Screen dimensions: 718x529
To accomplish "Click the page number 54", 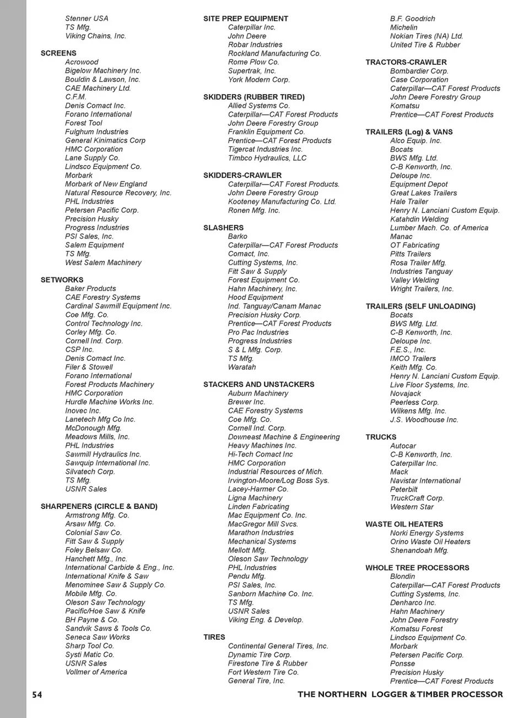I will click(x=37, y=695).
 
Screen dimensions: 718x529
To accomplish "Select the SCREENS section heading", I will click(x=58, y=53).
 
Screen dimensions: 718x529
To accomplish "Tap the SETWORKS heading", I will click(x=62, y=280).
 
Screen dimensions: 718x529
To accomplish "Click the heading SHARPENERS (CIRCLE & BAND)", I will click(x=99, y=506).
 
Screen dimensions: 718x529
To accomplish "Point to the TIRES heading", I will click(x=214, y=637).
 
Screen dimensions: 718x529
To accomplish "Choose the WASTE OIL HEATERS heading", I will click(x=404, y=524).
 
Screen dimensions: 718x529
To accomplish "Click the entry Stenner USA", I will click(x=87, y=19).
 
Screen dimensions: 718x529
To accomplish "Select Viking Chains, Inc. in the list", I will click(x=95, y=36).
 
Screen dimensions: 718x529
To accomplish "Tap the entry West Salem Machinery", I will click(x=103, y=263).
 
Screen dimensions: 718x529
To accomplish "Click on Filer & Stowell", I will click(x=89, y=368).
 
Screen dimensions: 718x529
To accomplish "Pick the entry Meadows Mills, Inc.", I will click(x=98, y=437).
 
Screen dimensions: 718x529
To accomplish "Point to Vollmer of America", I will click(x=96, y=672).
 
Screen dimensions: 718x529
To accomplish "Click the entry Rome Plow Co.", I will click(x=253, y=62).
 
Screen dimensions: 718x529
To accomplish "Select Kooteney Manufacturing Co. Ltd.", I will click(x=282, y=202).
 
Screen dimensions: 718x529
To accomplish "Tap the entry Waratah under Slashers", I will click(x=242, y=368).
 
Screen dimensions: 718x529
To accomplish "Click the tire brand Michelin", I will click(x=404, y=28).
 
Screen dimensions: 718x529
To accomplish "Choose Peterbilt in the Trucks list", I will click(x=404, y=490).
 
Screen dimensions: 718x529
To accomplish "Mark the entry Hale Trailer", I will click(x=409, y=202).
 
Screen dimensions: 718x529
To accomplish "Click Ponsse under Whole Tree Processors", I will click(x=402, y=664).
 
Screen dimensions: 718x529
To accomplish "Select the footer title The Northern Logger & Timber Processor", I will click(x=400, y=695).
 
